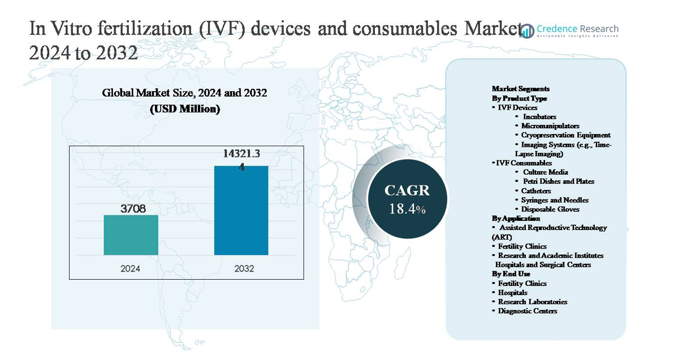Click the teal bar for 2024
click(131, 235)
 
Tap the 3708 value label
click(133, 209)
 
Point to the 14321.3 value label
click(241, 153)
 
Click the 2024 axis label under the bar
click(131, 268)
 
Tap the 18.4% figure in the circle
click(407, 209)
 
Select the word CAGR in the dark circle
click(407, 190)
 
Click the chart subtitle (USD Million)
click(184, 109)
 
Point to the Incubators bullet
click(539, 116)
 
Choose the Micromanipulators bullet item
click(550, 126)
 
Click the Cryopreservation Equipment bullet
click(565, 135)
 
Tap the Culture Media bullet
click(545, 172)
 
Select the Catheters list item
click(536, 190)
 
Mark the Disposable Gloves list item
click(550, 209)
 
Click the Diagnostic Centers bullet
click(527, 311)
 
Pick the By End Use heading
click(511, 274)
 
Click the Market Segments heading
click(521, 89)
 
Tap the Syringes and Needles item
click(555, 200)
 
